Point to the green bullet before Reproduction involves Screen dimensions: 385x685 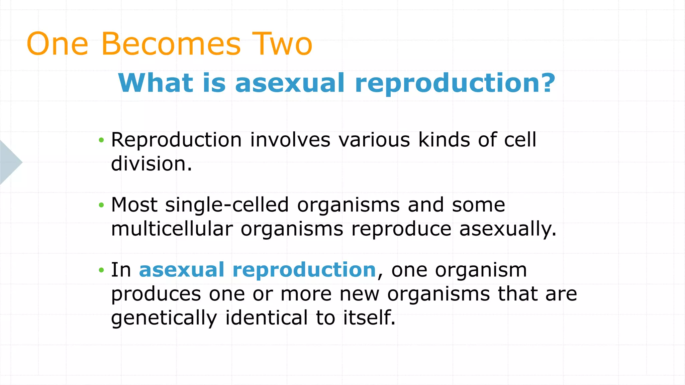click(101, 140)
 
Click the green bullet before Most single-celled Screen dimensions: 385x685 click(101, 205)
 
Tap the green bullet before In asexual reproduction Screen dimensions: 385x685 click(101, 270)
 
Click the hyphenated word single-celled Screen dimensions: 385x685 click(227, 205)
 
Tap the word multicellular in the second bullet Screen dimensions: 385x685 click(172, 229)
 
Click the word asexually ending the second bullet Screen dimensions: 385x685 click(507, 230)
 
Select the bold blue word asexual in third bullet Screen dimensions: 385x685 click(182, 270)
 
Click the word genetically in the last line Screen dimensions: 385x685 click(164, 318)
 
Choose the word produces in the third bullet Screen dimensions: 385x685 click(156, 294)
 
